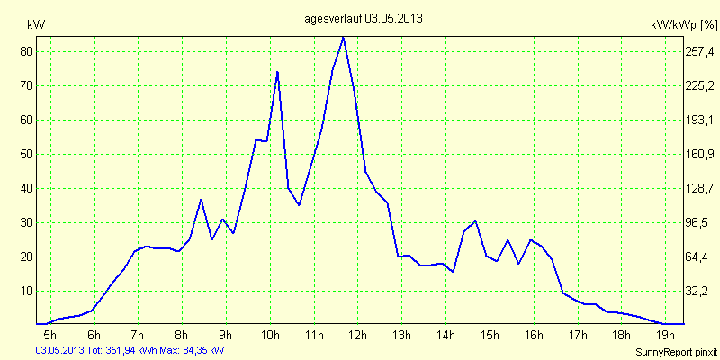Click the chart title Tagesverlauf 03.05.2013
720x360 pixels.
point(360,18)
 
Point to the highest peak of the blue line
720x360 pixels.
point(343,38)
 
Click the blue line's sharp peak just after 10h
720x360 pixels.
point(277,72)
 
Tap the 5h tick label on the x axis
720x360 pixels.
point(50,337)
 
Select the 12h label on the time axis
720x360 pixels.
point(357,337)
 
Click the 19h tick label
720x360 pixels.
point(666,337)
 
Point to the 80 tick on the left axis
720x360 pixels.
point(27,52)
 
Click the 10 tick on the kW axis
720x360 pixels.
point(27,291)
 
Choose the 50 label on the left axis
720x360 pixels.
point(27,155)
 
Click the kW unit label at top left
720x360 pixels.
point(36,24)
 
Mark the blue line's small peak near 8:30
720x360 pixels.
point(201,200)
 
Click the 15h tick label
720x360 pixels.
point(490,337)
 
